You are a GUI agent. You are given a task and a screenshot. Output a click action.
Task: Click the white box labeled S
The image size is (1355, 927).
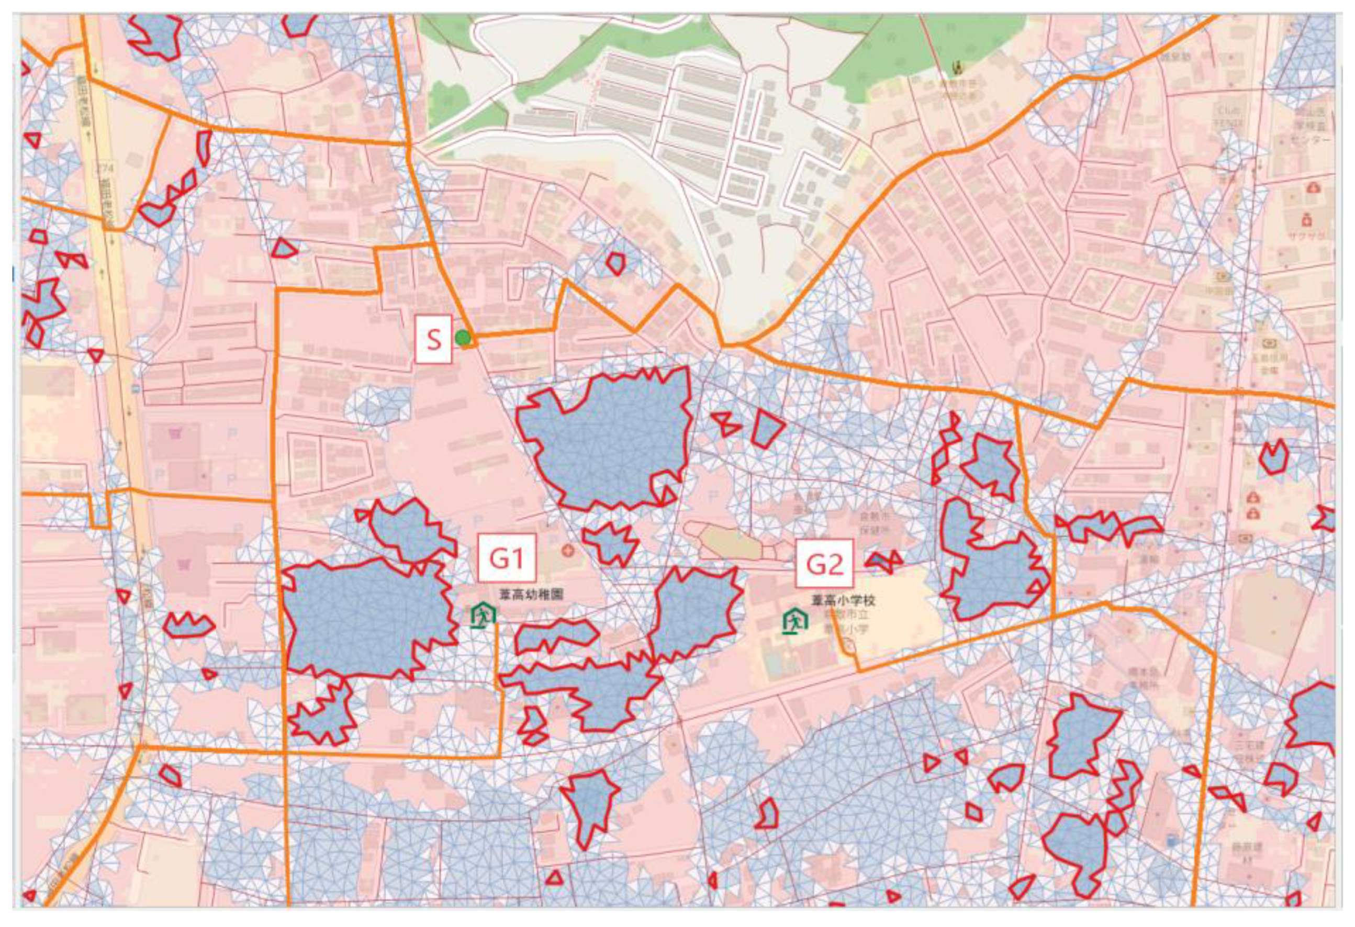tap(433, 339)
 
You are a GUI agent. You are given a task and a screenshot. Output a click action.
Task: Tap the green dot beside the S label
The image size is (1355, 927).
tap(463, 338)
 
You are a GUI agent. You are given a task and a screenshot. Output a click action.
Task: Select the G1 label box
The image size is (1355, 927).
tap(506, 558)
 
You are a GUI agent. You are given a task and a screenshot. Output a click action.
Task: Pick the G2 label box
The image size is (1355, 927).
tap(824, 564)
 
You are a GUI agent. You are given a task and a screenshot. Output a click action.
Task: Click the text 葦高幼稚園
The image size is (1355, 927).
tap(531, 595)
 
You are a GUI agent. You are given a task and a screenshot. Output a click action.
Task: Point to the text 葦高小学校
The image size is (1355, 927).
tap(843, 600)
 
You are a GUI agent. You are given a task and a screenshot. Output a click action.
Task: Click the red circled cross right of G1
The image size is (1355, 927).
tap(567, 550)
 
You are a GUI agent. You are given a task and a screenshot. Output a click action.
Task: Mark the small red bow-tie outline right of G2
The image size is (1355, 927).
tap(884, 560)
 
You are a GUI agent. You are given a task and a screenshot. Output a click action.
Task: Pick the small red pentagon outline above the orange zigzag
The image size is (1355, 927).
tap(615, 263)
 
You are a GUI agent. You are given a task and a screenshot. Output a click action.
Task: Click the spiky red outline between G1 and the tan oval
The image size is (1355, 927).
tap(610, 542)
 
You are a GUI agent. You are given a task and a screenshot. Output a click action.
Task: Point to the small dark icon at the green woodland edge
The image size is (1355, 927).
tap(957, 68)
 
